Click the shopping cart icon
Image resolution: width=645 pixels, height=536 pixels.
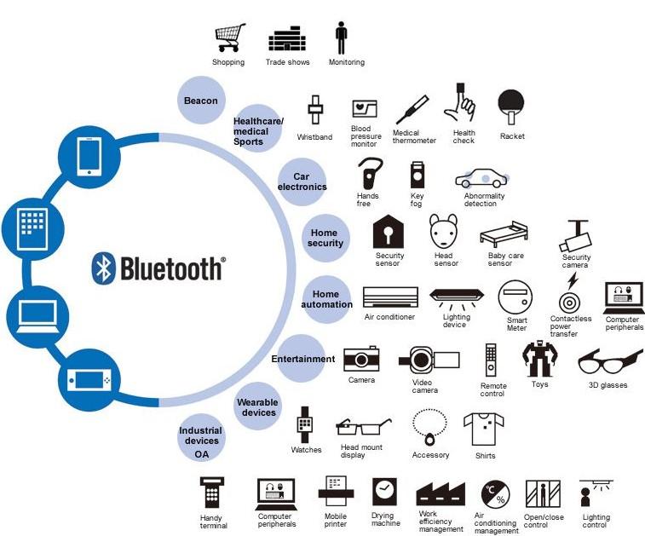tap(230, 37)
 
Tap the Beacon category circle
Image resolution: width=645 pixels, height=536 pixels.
tap(201, 100)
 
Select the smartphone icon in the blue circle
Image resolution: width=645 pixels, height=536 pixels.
tap(89, 157)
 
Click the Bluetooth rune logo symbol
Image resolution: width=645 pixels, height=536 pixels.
tap(103, 268)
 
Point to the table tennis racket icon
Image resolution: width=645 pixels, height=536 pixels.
tap(511, 107)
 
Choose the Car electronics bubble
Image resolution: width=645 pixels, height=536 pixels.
tap(302, 182)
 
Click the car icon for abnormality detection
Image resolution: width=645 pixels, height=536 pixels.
tap(482, 179)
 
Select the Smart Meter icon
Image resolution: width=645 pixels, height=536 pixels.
tap(515, 297)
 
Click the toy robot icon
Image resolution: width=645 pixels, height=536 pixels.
tap(539, 359)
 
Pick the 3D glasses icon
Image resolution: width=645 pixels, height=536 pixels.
tap(610, 361)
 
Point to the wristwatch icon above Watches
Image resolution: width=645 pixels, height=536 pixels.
tap(305, 425)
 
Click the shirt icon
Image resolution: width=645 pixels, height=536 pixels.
tap(484, 429)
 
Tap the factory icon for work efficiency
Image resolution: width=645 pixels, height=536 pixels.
tap(441, 493)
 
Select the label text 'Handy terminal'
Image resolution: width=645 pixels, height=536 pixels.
tap(213, 522)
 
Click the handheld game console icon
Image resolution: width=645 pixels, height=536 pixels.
tap(89, 380)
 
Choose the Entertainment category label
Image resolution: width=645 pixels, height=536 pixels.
tap(303, 359)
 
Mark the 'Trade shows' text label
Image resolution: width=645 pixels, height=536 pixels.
tap(287, 62)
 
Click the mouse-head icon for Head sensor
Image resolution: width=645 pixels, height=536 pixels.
tap(443, 231)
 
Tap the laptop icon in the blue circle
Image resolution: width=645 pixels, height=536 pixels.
tap(37, 316)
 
